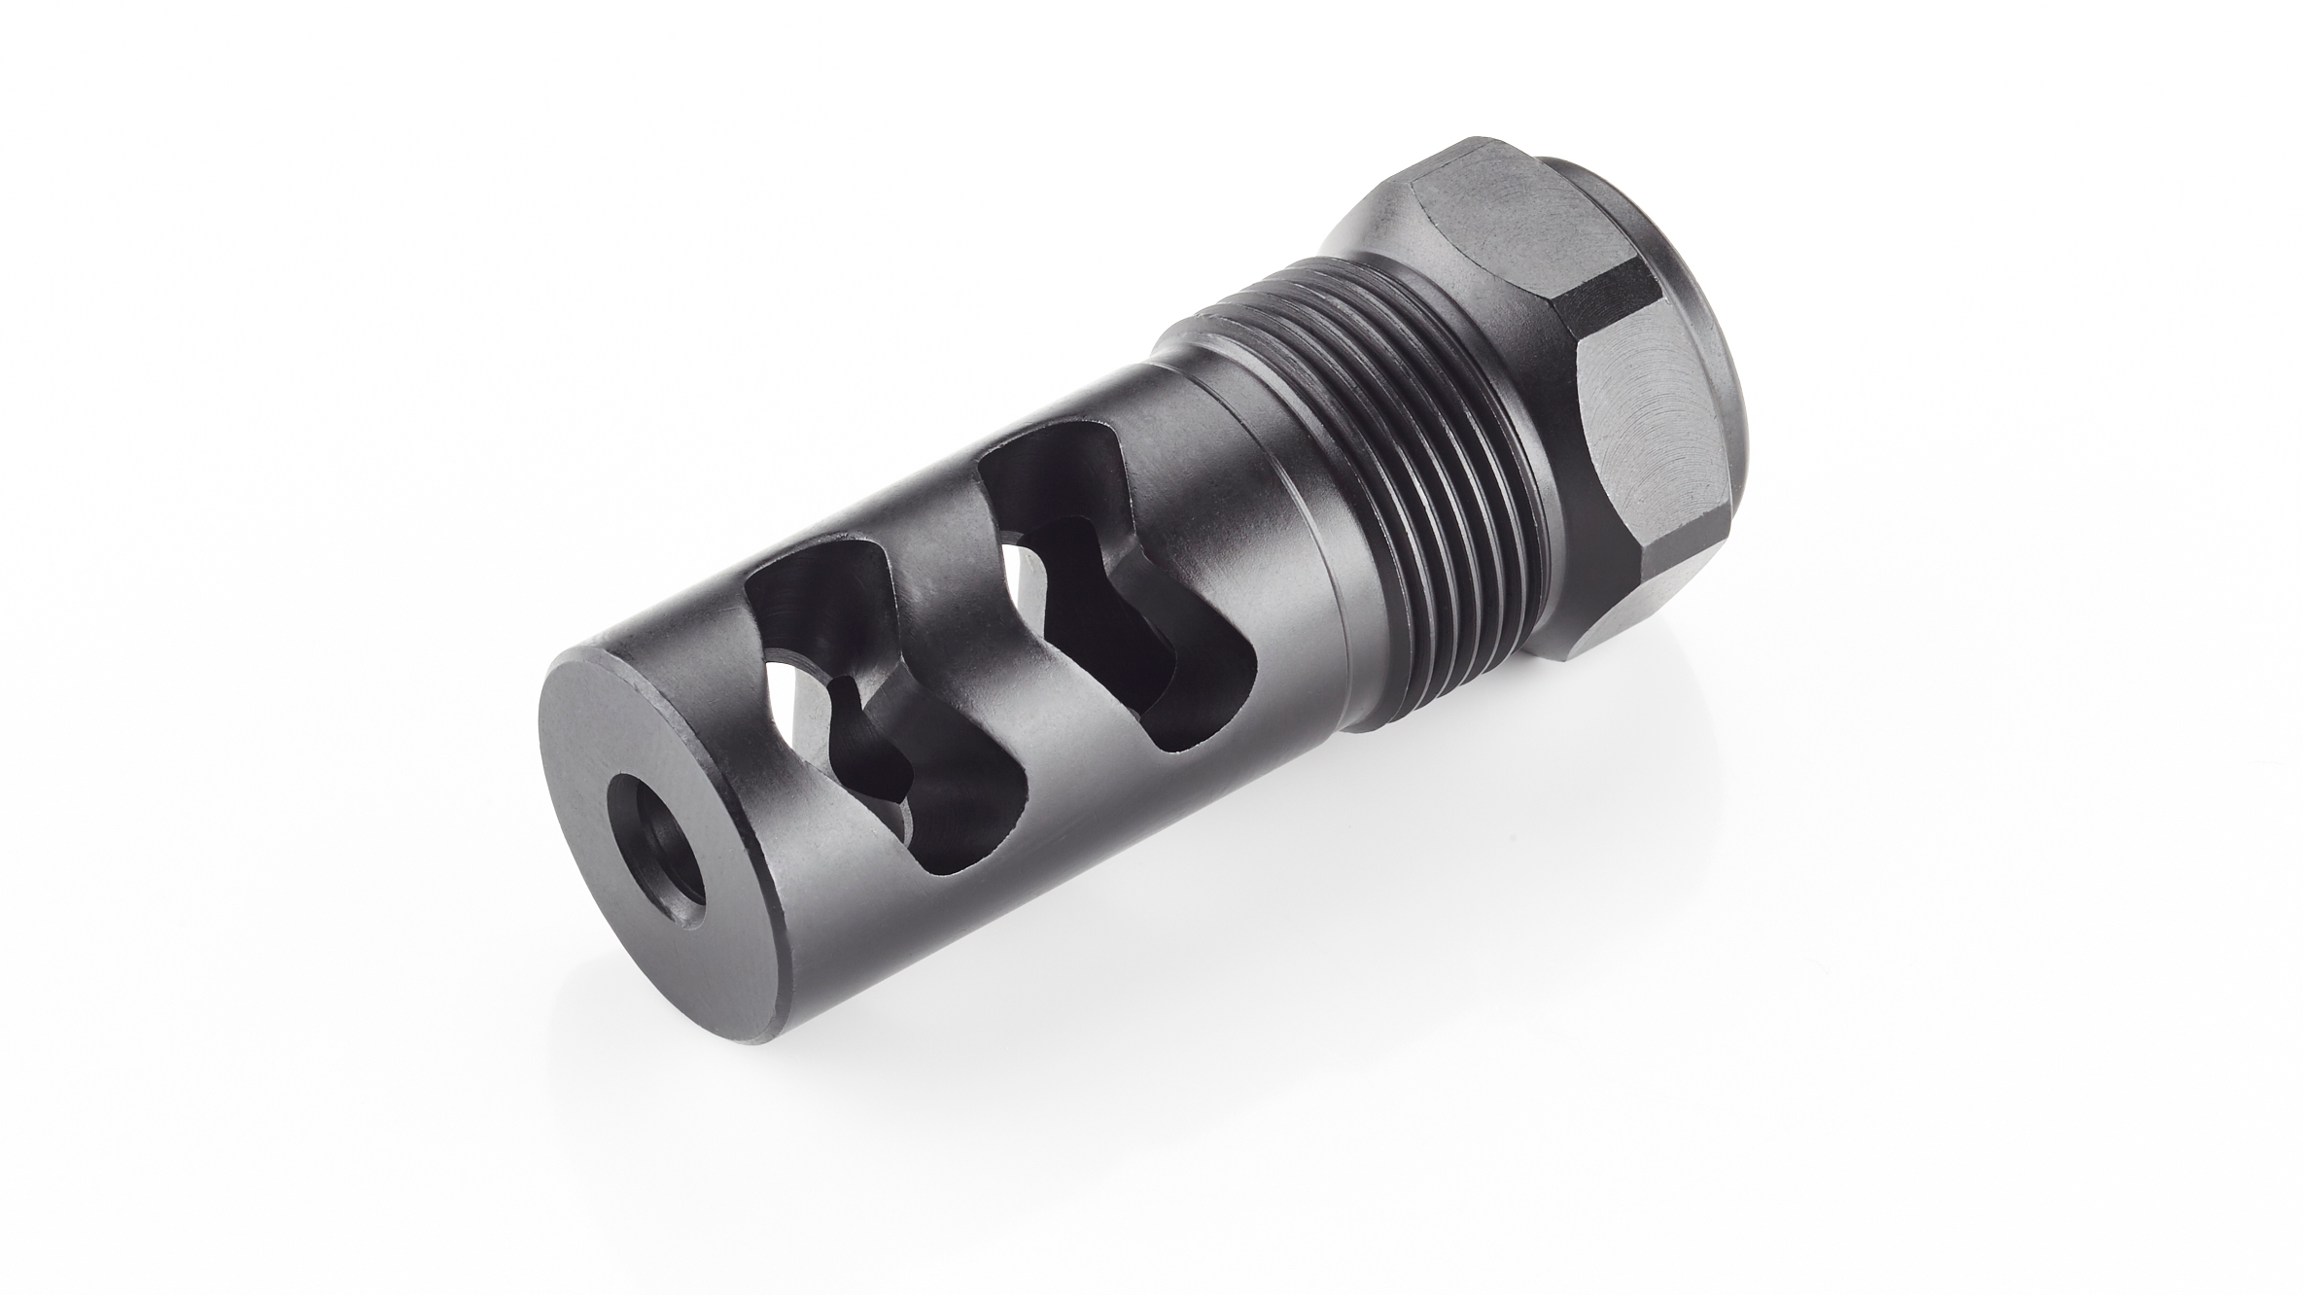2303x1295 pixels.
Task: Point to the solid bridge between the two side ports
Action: [953, 622]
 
